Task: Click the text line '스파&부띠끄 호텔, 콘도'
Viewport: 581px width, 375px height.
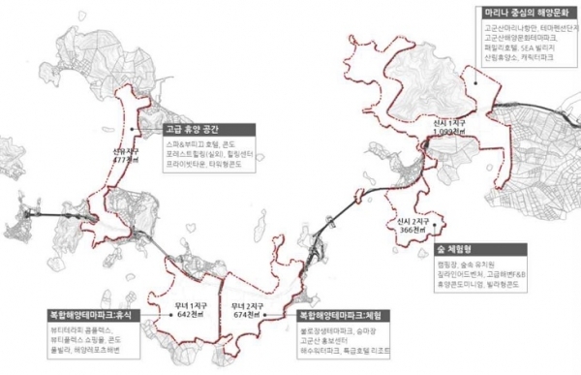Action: pyautogui.click(x=188, y=143)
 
